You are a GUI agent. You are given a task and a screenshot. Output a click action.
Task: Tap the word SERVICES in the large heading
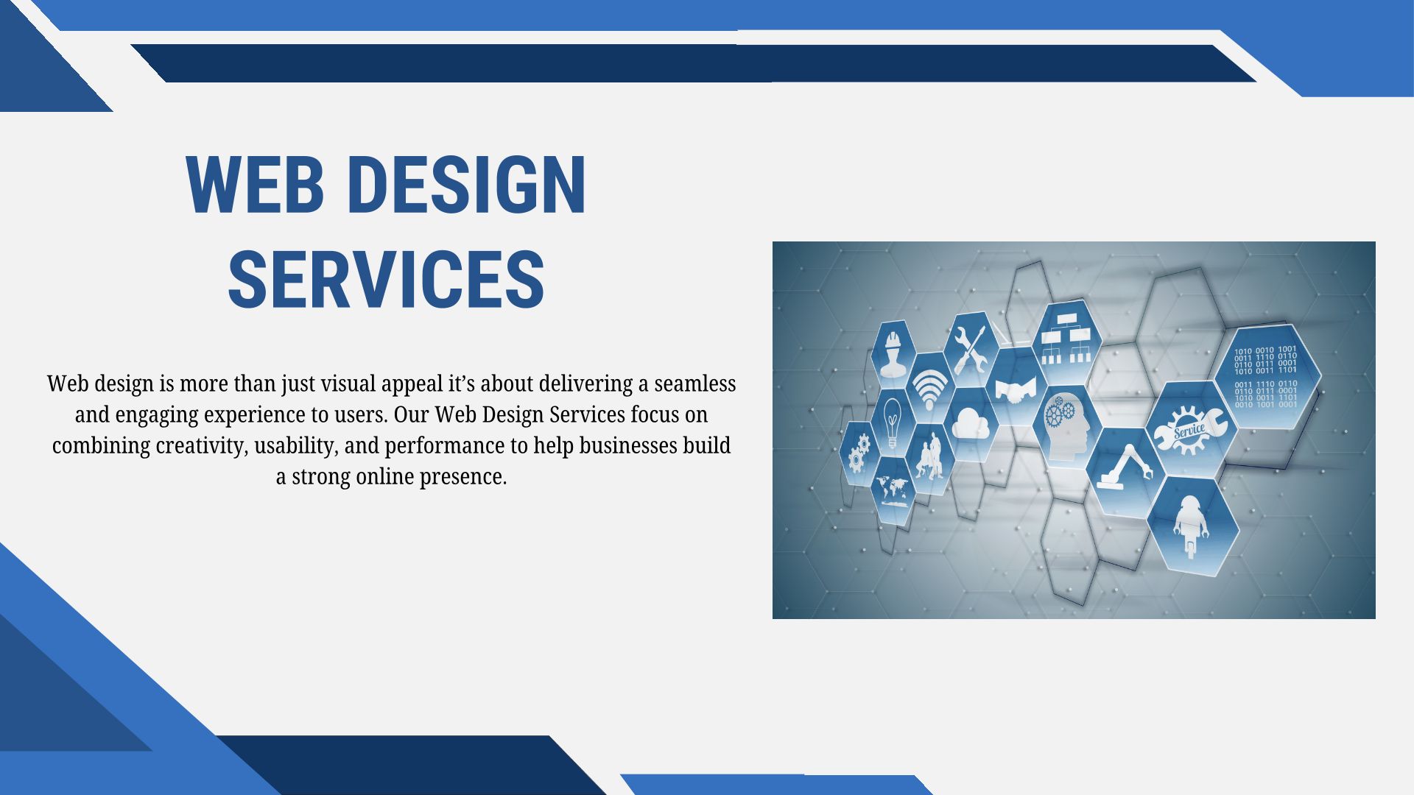pos(387,279)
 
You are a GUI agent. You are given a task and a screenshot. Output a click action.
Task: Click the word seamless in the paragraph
pos(694,384)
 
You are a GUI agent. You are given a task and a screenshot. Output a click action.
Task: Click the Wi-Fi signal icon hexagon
pos(929,389)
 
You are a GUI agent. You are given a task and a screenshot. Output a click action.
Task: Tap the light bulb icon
pos(892,423)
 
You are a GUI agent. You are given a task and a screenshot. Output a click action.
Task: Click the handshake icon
pos(1016,388)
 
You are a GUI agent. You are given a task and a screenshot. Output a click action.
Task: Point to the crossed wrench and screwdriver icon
pos(970,349)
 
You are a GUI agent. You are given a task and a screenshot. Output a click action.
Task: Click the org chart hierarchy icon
pos(1066,339)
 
